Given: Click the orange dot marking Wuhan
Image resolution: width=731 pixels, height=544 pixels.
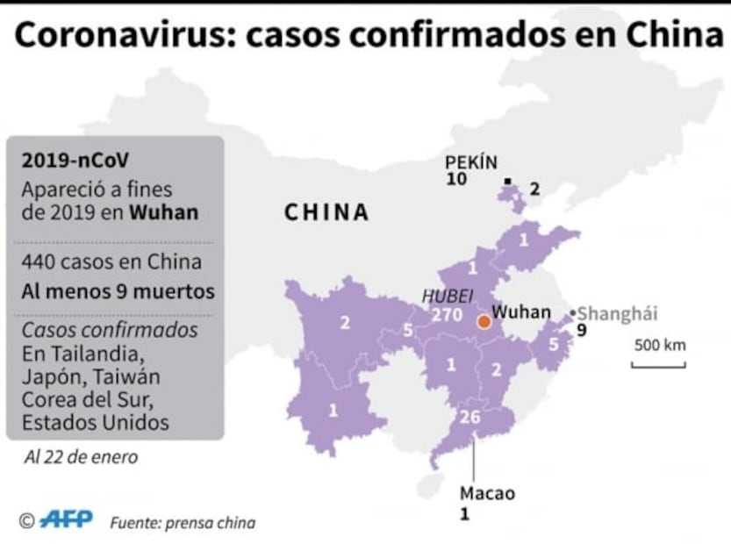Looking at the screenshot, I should tap(483, 322).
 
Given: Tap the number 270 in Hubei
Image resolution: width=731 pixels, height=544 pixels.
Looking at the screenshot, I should tap(447, 315).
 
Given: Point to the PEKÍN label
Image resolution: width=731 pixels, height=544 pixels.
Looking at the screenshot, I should tap(471, 162).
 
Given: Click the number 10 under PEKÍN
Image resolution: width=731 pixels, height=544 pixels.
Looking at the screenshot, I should tap(456, 180).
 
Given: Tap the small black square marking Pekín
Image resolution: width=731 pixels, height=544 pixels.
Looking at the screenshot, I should tap(507, 182).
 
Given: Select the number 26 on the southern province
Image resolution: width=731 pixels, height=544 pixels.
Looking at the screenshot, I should tap(470, 417).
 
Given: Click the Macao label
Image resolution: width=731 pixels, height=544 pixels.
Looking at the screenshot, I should tap(487, 493).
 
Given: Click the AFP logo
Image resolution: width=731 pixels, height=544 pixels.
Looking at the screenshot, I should tap(67, 519).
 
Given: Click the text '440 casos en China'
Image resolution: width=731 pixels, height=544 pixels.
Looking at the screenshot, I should tap(111, 261).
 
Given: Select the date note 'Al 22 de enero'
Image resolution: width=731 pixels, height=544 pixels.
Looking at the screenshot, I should tap(81, 456).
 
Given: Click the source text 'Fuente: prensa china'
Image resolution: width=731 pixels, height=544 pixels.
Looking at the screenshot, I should tap(183, 522).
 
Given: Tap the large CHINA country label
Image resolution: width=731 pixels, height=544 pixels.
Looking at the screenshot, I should tap(326, 212).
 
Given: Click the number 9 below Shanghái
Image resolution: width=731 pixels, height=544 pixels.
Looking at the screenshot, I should tap(580, 331).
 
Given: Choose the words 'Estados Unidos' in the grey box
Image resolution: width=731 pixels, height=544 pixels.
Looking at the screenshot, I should tap(95, 422).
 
